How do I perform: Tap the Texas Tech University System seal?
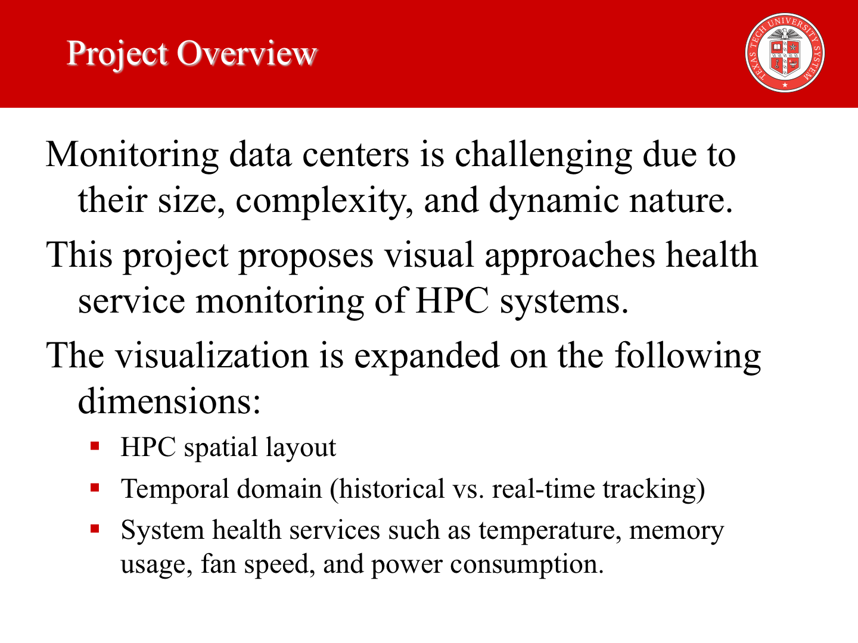pyautogui.click(x=785, y=53)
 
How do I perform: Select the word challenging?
pyautogui.click(x=543, y=156)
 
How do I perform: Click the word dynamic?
pyautogui.click(x=554, y=201)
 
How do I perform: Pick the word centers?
pyautogui.click(x=356, y=156)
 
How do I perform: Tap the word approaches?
pyautogui.click(x=570, y=257)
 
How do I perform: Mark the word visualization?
pyautogui.click(x=212, y=355)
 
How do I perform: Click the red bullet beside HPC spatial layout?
pyautogui.click(x=95, y=446)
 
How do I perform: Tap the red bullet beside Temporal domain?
pyautogui.click(x=95, y=488)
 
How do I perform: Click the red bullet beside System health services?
pyautogui.click(x=95, y=529)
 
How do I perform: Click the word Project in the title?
pyautogui.click(x=117, y=55)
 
